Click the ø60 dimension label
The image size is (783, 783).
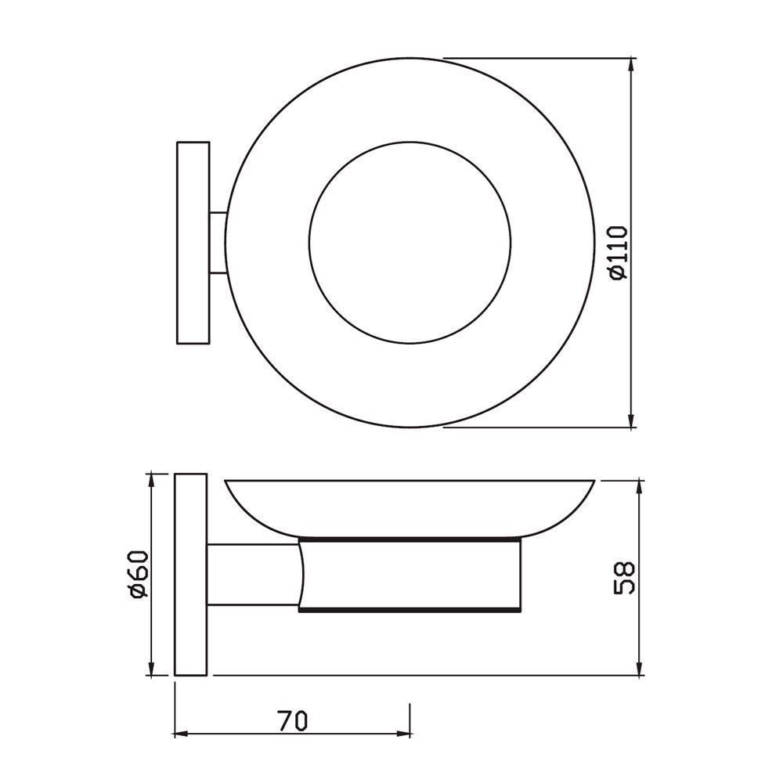[138, 576]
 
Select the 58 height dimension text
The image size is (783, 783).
[624, 577]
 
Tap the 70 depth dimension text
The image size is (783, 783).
[292, 719]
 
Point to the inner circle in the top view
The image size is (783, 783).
[410, 243]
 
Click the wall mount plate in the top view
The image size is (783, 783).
[193, 243]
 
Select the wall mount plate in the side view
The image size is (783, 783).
[190, 576]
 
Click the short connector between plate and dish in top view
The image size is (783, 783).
[218, 243]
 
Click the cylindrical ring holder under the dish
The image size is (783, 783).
[407, 573]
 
